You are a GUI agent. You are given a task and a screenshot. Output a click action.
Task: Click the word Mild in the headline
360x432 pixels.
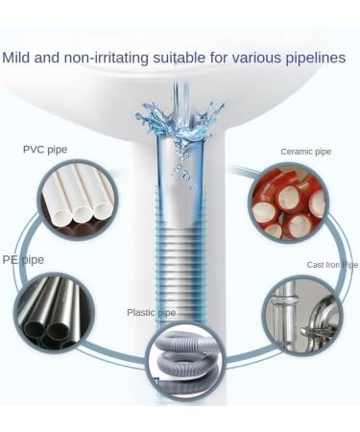pos(16,59)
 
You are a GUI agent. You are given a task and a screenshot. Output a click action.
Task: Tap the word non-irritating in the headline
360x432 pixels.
pos(106,59)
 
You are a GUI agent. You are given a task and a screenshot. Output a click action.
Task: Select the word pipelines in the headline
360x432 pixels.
pos(313,59)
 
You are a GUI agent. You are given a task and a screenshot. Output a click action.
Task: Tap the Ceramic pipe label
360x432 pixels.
pos(304,152)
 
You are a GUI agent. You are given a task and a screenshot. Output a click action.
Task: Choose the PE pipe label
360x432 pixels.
pos(23,259)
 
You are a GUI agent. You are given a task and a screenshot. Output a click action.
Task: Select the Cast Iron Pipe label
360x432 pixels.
pos(331,264)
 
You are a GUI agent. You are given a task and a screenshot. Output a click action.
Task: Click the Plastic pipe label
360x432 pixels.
pos(152,312)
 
